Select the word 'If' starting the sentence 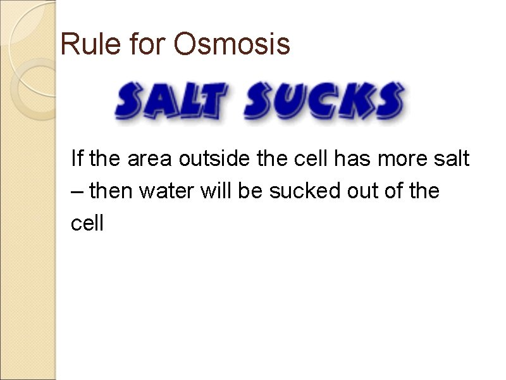pos(77,158)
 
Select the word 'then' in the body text pos(111,190)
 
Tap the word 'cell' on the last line pos(87,223)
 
